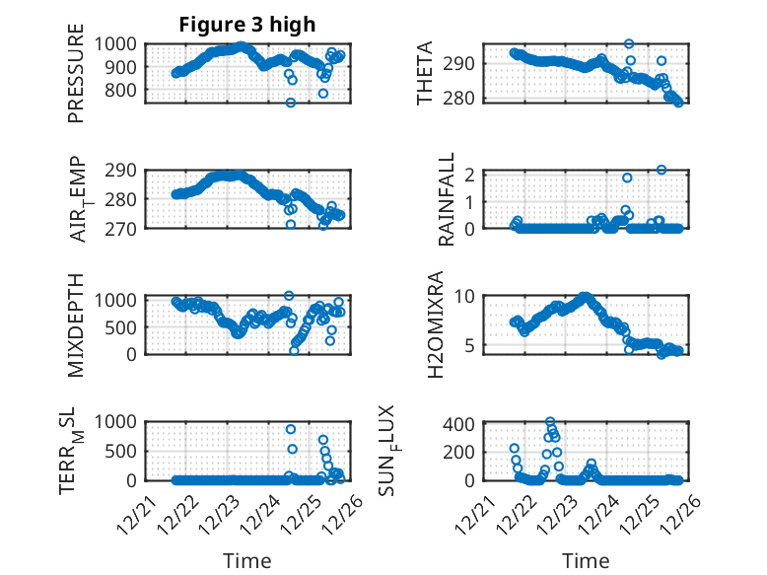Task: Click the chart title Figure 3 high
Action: click(246, 25)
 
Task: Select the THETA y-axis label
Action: click(425, 73)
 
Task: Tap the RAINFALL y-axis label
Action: click(447, 199)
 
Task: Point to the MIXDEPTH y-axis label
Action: click(76, 324)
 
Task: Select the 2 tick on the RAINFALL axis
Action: click(471, 175)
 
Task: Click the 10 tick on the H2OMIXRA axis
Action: click(467, 296)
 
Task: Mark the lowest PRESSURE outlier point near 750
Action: click(291, 103)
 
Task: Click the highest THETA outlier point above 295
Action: click(629, 44)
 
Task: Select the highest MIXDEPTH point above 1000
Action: click(289, 296)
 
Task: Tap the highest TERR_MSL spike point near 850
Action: click(291, 429)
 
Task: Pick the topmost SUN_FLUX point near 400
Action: click(550, 422)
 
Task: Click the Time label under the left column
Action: click(246, 560)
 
